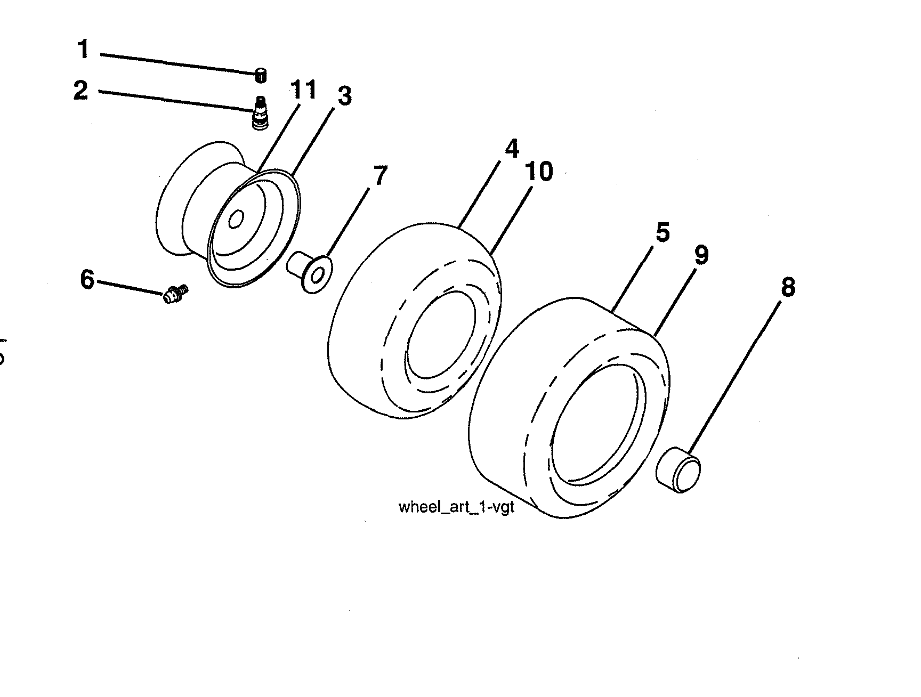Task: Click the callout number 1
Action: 83,50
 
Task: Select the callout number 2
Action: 80,90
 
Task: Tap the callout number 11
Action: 303,90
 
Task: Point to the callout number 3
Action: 344,97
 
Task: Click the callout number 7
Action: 380,176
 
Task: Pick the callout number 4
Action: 512,149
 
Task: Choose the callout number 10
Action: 538,172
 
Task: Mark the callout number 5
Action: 662,233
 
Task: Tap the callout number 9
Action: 701,255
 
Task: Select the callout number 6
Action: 87,279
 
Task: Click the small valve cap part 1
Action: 261,76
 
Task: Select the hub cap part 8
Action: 678,469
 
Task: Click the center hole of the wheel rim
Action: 236,219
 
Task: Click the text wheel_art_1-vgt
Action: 456,507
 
